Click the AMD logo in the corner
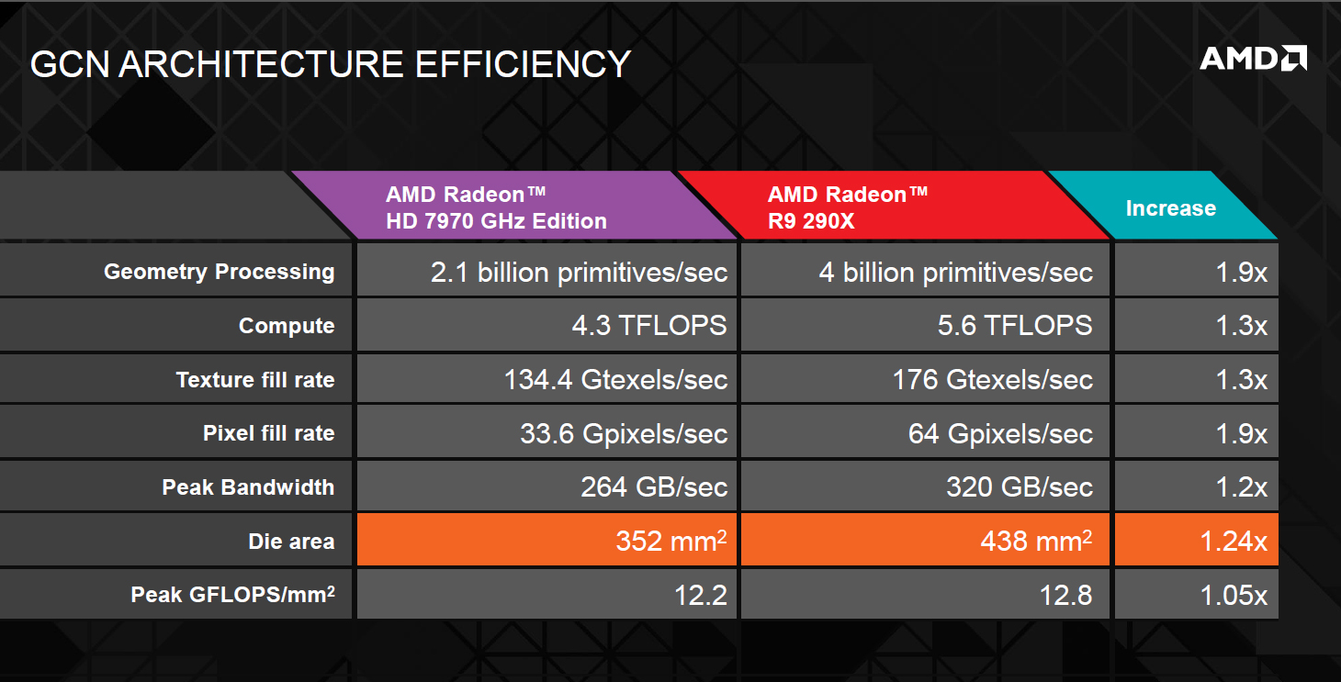click(1254, 59)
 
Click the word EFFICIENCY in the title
click(523, 64)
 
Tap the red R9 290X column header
click(893, 206)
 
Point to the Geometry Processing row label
click(220, 272)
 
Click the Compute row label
click(287, 326)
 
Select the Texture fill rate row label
click(255, 379)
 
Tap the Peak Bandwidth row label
click(248, 487)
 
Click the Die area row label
click(291, 541)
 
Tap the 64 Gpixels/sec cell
click(926, 432)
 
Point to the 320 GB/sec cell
click(926, 486)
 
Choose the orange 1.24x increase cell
click(1197, 539)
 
